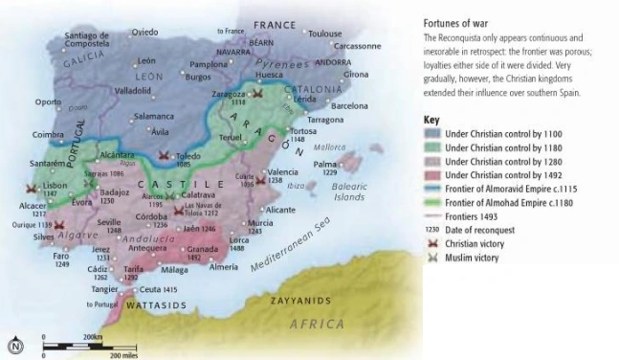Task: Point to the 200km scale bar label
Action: [x=93, y=338]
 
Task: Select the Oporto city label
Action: [x=48, y=101]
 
